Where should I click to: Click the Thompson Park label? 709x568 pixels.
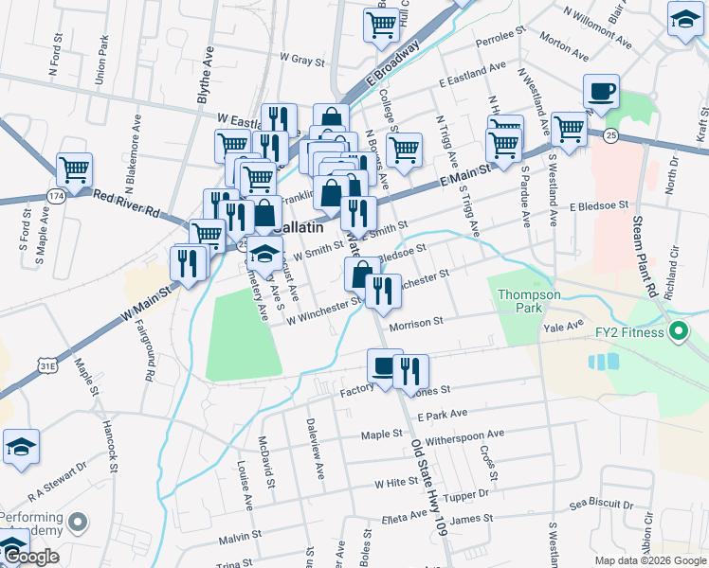click(530, 301)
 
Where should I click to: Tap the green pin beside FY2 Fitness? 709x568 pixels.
click(678, 331)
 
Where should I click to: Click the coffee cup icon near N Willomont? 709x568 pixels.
click(601, 92)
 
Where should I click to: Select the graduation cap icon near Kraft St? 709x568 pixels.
click(684, 20)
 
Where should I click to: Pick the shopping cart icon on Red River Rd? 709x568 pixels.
click(74, 170)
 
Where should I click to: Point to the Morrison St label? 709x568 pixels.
click(415, 323)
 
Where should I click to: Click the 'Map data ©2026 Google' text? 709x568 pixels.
click(649, 560)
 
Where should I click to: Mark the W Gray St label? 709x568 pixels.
click(302, 58)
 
